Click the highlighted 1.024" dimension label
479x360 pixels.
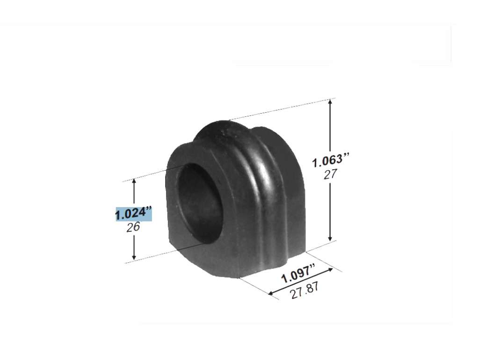[133, 213]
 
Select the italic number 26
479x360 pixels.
[133, 227]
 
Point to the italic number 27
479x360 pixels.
[330, 174]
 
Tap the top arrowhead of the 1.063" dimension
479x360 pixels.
[330, 102]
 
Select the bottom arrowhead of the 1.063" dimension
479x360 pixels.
[330, 238]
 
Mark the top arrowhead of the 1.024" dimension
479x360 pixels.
[134, 182]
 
